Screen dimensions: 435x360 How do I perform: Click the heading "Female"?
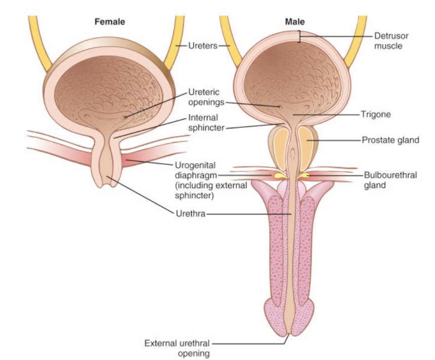(x=110, y=22)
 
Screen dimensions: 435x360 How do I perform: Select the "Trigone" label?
(x=375, y=115)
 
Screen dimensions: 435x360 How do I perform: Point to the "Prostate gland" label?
(x=390, y=139)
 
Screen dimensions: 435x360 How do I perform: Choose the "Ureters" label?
(x=203, y=46)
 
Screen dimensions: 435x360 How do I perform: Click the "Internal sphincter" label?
(x=206, y=123)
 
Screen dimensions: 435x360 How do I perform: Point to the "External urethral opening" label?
(x=177, y=348)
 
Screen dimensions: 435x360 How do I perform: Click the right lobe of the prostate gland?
(x=307, y=148)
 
